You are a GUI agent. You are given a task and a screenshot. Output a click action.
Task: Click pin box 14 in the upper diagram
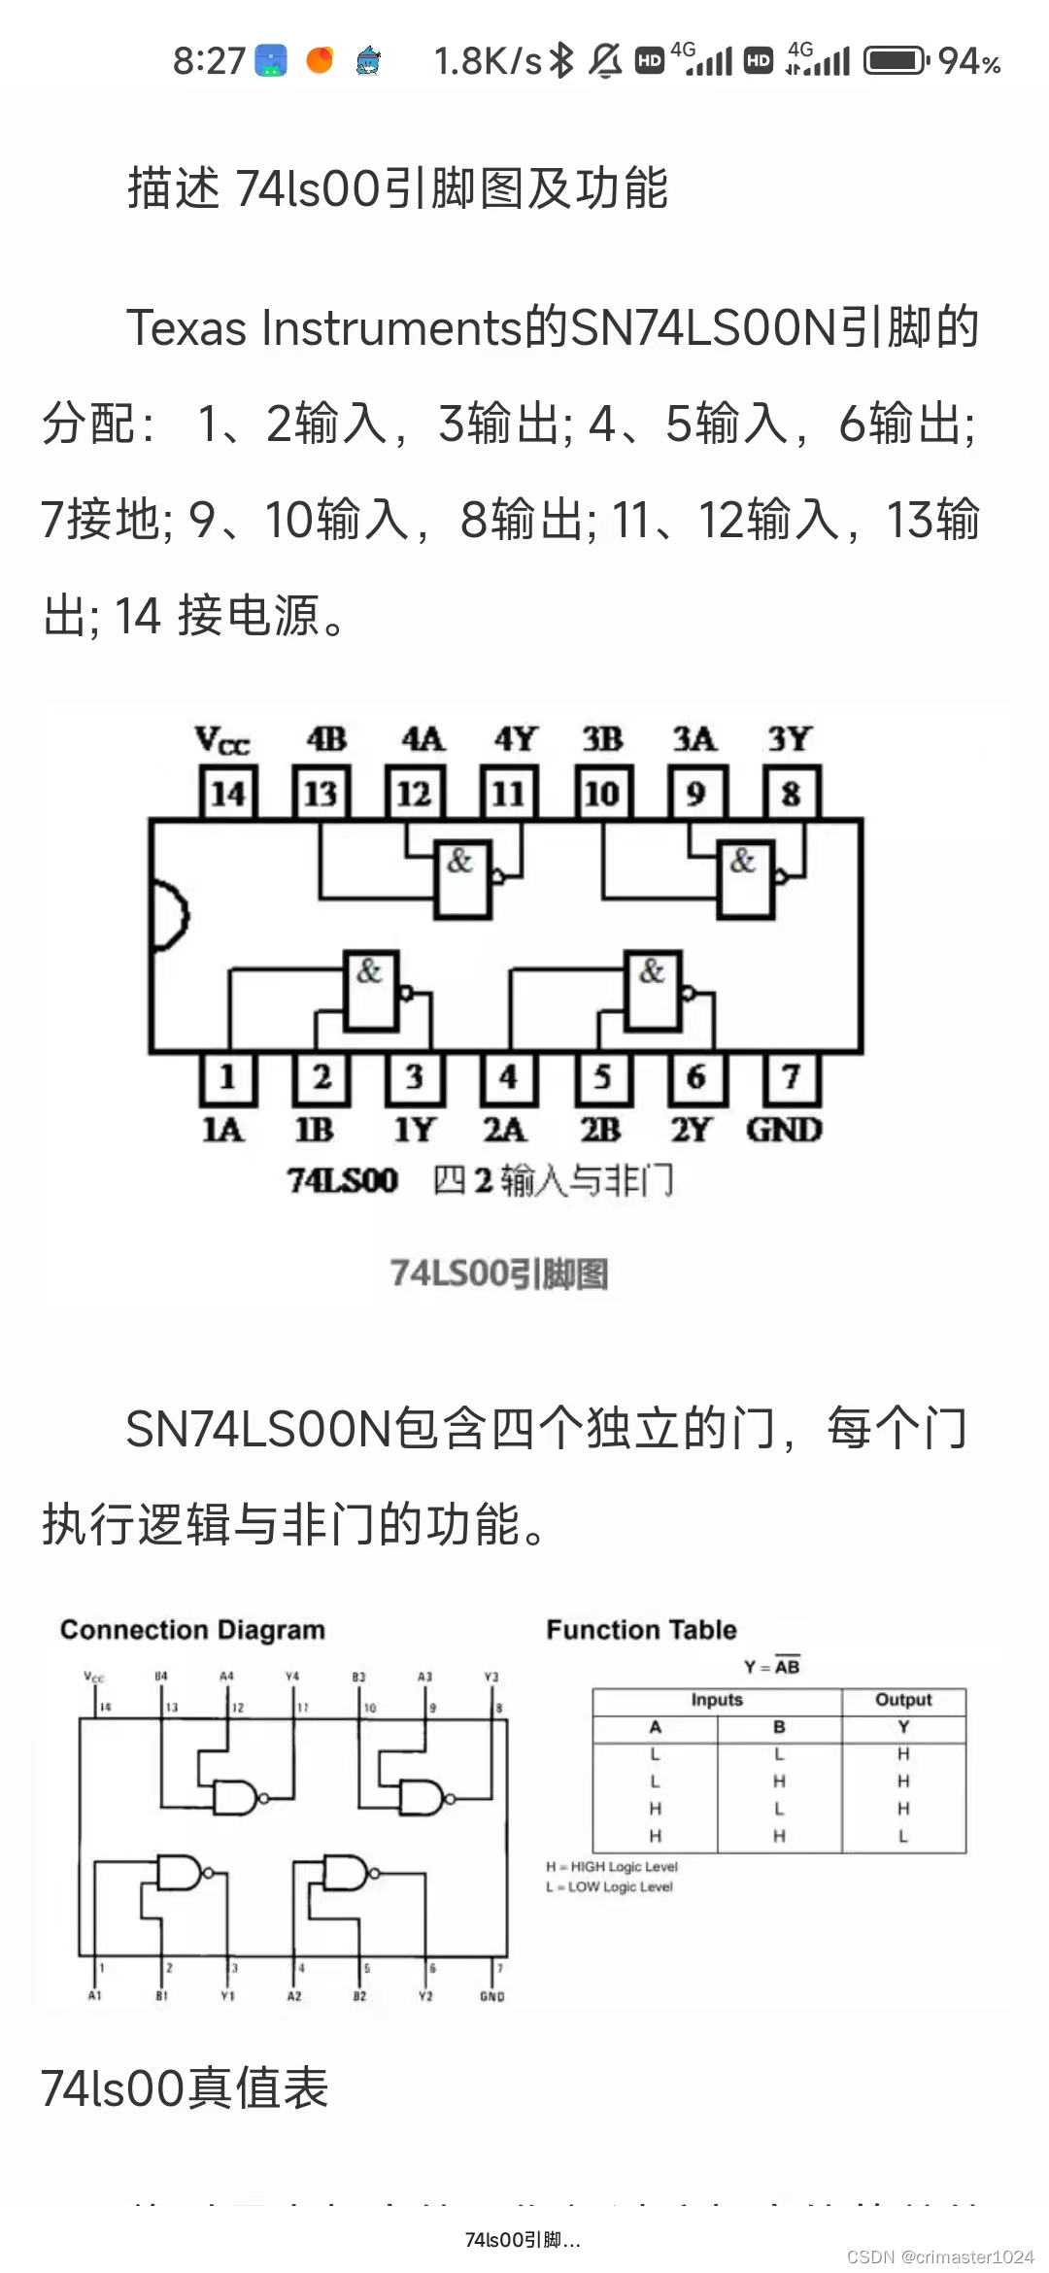(228, 793)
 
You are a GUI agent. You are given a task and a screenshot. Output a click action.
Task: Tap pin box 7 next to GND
(792, 1077)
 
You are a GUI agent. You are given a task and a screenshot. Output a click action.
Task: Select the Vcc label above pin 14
(222, 740)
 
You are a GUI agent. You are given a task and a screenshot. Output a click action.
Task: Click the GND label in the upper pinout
(784, 1130)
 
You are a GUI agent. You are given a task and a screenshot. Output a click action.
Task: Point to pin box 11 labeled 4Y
(508, 793)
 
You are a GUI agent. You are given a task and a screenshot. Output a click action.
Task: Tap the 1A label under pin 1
(222, 1130)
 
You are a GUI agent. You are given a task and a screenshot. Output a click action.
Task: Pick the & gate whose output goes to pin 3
(372, 990)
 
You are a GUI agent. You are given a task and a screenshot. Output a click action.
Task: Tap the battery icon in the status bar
(896, 61)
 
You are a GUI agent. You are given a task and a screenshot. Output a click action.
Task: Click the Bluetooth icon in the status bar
(561, 61)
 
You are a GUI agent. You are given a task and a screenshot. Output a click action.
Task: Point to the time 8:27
(209, 61)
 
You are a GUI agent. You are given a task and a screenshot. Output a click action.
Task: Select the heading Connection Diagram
(192, 1630)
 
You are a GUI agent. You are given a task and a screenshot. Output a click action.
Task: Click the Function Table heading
(641, 1630)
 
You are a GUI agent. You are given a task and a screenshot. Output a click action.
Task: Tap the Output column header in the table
(903, 1700)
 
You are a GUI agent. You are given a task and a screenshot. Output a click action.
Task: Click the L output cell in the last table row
(903, 1836)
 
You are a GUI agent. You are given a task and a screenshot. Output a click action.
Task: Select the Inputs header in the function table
(717, 1700)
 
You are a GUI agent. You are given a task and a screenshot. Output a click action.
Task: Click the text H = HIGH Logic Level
(612, 1866)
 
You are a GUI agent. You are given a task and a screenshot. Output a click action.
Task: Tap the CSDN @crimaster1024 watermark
(940, 2256)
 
